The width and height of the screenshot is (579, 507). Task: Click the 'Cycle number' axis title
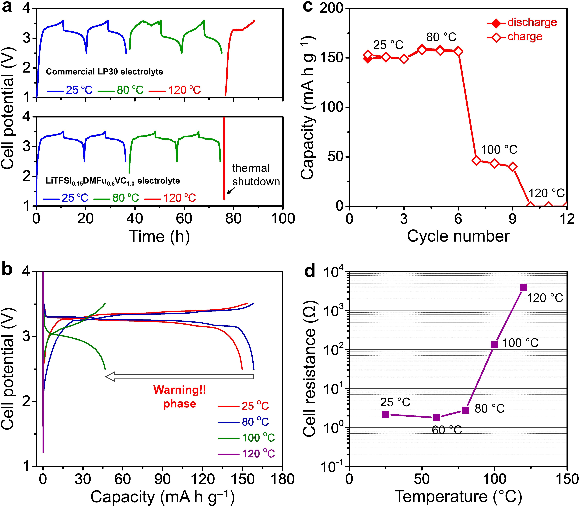pyautogui.click(x=458, y=236)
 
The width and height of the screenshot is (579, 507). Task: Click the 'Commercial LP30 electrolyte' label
pyautogui.click(x=104, y=72)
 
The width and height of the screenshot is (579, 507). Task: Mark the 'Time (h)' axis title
pyautogui.click(x=159, y=236)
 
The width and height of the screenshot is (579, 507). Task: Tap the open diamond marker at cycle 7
pyautogui.click(x=476, y=160)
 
